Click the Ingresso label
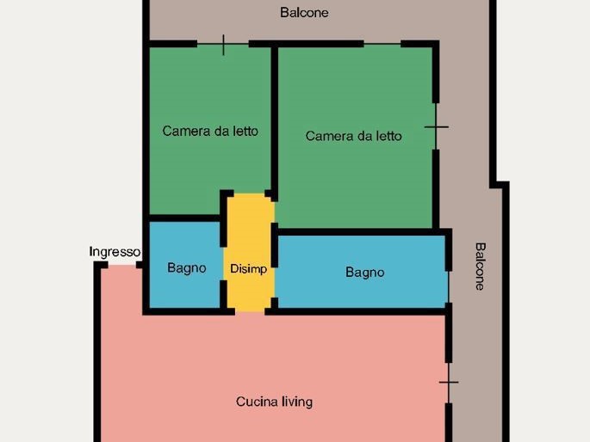tap(115, 252)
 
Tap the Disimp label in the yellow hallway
tap(248, 269)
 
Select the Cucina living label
tap(274, 402)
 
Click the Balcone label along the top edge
tap(304, 12)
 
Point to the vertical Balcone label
tap(480, 267)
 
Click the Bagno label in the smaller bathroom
tap(187, 268)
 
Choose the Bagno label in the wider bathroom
tap(365, 273)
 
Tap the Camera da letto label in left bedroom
tap(210, 131)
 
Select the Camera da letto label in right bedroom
tap(354, 136)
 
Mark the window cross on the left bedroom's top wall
tap(223, 45)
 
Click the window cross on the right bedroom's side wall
tap(436, 127)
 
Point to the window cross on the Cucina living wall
tap(449, 383)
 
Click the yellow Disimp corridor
tap(249, 252)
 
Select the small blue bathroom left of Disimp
tap(184, 265)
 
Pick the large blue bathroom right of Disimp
tap(362, 272)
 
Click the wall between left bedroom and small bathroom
tap(184, 218)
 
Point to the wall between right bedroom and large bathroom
tap(361, 231)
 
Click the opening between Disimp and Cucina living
tap(251, 311)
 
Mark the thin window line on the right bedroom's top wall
tap(382, 44)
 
